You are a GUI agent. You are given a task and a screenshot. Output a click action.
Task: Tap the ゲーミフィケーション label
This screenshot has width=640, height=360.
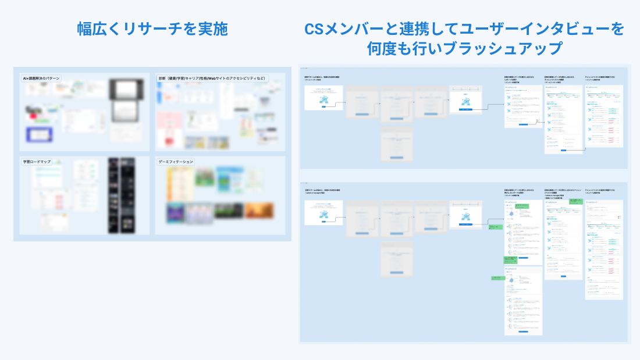(x=177, y=162)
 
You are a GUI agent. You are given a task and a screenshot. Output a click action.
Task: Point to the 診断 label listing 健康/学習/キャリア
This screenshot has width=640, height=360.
(x=212, y=79)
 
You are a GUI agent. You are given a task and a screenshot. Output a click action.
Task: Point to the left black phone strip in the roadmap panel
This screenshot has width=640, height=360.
(x=113, y=195)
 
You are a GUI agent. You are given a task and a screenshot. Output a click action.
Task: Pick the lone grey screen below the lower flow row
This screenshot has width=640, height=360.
(x=396, y=259)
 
